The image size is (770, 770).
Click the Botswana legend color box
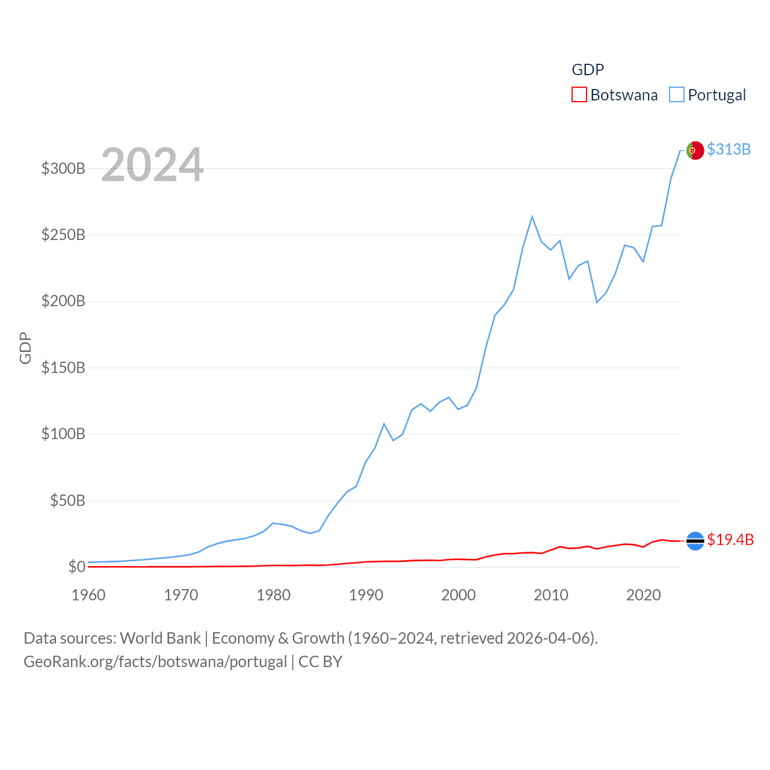coord(579,95)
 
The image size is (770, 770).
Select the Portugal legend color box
coord(677,95)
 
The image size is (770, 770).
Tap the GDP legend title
coord(588,70)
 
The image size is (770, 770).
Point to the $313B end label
coord(728,149)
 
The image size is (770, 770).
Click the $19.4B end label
coord(730,540)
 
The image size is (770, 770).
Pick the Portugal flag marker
coord(695,150)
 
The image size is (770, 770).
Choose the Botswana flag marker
coord(695,541)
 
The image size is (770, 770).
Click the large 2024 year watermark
coord(152,165)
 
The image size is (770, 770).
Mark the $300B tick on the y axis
coord(63,168)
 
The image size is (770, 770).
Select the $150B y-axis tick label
coord(63,368)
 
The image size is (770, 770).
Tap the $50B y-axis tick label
coord(67,500)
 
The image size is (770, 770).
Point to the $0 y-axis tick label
coord(76,567)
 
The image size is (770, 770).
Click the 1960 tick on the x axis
coord(88,595)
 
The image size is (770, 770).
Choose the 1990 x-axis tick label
coord(366,595)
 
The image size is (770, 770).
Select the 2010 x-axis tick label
coord(551,595)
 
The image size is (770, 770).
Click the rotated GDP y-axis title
coord(25,348)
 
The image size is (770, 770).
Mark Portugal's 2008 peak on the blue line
coord(532,217)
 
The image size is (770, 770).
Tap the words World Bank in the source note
coord(160,638)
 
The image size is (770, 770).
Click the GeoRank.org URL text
coord(155,662)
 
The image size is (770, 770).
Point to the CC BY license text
coord(320,662)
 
